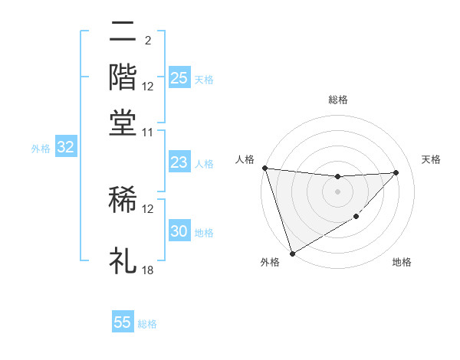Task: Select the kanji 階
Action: (x=123, y=77)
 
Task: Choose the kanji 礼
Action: (x=123, y=260)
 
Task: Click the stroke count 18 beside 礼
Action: (x=148, y=270)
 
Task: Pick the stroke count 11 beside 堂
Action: (x=148, y=133)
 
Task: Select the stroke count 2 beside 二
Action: (x=147, y=40)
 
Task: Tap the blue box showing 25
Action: (x=179, y=78)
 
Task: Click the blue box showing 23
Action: (x=179, y=162)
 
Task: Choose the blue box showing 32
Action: (x=65, y=148)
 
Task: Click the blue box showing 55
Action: (x=123, y=322)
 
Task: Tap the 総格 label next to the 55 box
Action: (x=147, y=324)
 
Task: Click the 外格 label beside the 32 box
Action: (x=41, y=149)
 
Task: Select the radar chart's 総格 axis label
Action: (x=337, y=100)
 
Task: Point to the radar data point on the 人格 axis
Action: (x=264, y=168)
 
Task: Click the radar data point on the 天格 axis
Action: (x=396, y=172)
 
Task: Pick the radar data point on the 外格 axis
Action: (x=292, y=253)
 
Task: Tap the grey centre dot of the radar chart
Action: (x=337, y=191)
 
